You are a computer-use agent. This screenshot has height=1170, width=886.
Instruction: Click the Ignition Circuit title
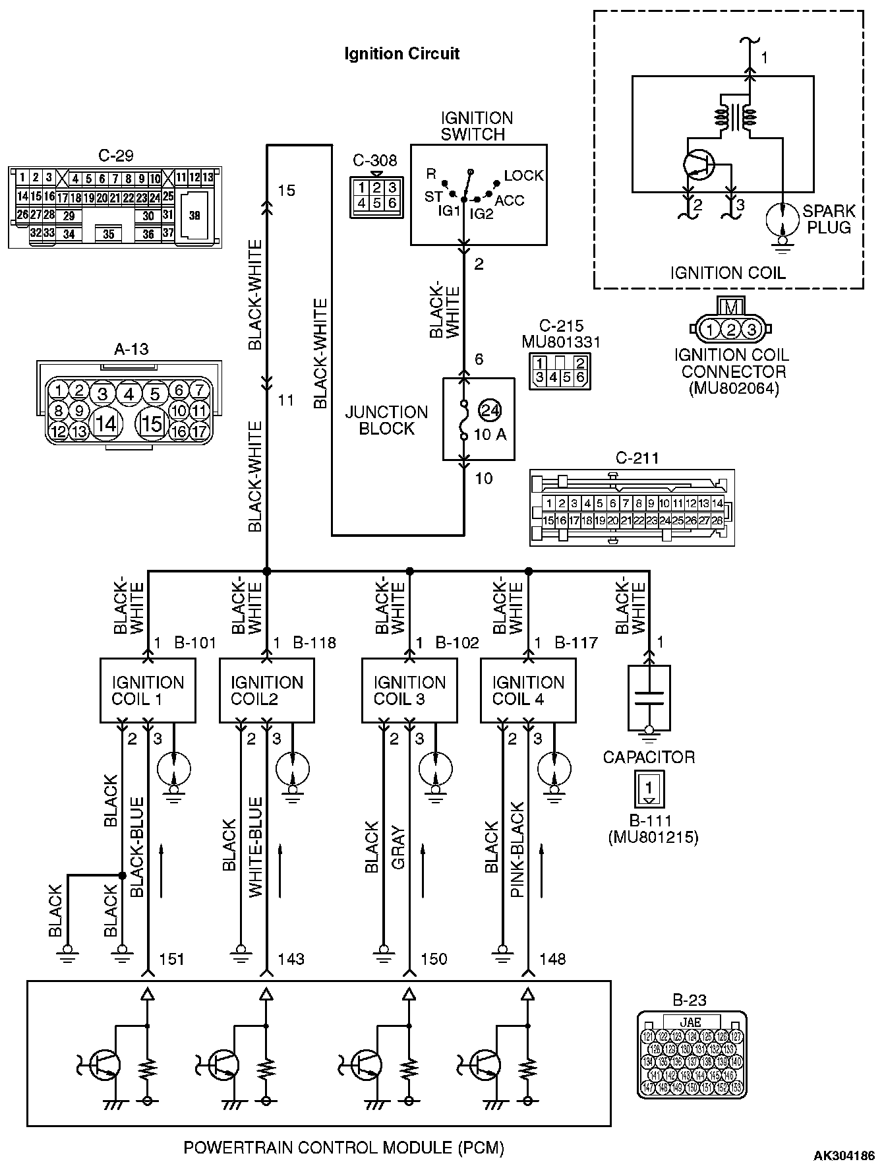tap(401, 54)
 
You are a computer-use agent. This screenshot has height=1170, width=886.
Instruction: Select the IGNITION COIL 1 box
tap(148, 690)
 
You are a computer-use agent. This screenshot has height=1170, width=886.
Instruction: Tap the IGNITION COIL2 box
tap(267, 690)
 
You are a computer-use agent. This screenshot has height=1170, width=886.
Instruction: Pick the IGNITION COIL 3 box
tap(409, 690)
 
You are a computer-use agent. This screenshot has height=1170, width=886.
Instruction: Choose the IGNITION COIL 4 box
tap(528, 690)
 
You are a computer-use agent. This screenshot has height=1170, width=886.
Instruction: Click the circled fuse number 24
tap(489, 410)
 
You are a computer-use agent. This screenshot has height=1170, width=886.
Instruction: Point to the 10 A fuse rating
tap(490, 435)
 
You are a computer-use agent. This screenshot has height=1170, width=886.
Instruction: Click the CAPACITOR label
tap(649, 756)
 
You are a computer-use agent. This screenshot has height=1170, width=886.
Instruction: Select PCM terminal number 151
tap(172, 959)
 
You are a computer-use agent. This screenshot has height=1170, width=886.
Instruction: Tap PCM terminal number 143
tap(291, 959)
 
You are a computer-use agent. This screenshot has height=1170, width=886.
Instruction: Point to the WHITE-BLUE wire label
tap(256, 847)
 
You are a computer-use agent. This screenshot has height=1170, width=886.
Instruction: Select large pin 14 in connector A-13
tap(105, 423)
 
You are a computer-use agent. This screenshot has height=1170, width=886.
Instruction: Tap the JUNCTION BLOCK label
tap(386, 420)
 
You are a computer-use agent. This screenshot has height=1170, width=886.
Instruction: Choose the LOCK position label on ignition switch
tap(523, 175)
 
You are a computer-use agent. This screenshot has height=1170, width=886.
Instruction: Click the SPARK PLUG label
tap(827, 220)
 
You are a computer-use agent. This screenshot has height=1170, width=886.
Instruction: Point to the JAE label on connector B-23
tap(691, 1022)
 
